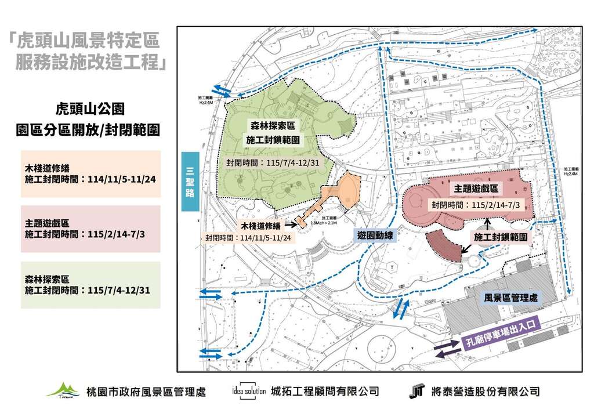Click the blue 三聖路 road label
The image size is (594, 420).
[x=190, y=182]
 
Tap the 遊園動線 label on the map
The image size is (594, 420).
[x=372, y=236]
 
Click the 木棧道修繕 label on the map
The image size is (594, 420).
[x=261, y=226]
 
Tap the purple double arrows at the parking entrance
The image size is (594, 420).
[x=447, y=349]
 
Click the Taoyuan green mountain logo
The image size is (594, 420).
[x=63, y=390]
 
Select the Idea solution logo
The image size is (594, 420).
[x=248, y=390]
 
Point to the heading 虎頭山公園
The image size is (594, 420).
[x=89, y=108]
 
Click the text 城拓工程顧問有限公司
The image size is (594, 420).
[x=325, y=391]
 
